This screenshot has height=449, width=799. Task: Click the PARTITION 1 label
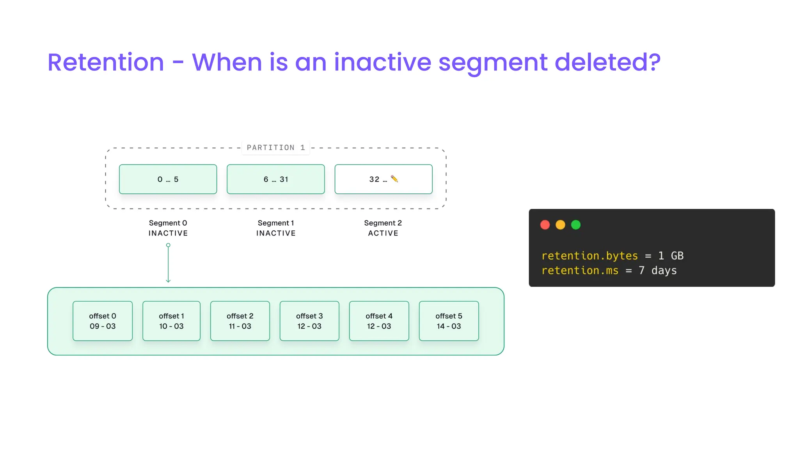(276, 148)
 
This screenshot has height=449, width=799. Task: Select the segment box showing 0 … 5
(168, 179)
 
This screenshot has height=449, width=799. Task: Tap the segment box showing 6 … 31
(276, 179)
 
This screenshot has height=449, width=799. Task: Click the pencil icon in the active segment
(394, 179)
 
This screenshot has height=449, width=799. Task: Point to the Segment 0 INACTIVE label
(168, 228)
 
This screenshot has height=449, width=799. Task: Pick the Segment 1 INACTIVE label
(276, 228)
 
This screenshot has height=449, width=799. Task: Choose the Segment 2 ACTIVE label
(383, 228)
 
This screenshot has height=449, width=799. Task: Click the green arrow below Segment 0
(168, 263)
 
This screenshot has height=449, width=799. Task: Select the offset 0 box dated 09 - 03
(103, 321)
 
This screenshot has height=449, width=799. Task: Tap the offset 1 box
(171, 321)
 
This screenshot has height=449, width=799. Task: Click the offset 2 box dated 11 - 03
(240, 321)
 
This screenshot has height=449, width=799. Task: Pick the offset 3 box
(309, 321)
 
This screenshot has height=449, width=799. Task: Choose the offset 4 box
(379, 321)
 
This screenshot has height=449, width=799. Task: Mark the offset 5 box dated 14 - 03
(449, 321)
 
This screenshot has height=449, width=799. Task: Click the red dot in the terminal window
(545, 225)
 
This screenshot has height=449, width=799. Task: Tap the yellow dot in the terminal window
(560, 225)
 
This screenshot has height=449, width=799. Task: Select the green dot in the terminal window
(576, 225)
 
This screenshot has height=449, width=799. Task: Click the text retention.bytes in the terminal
(589, 256)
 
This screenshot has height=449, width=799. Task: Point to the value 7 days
(657, 270)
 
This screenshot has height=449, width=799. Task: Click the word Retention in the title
(106, 62)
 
